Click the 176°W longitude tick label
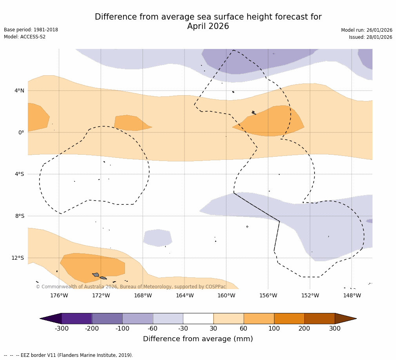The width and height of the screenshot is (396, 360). (x=59, y=295)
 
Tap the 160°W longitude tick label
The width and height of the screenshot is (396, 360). (x=226, y=295)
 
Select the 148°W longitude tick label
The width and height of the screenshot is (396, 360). (x=352, y=295)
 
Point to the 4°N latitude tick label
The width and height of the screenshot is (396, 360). (x=19, y=90)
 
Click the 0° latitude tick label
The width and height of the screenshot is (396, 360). (x=22, y=132)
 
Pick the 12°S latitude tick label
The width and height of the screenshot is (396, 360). (x=18, y=258)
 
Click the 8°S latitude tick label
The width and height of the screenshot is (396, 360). (x=20, y=216)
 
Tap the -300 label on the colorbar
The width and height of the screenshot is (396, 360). (x=61, y=328)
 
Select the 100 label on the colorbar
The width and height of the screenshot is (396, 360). (x=274, y=328)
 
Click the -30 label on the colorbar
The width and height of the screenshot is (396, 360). (x=183, y=328)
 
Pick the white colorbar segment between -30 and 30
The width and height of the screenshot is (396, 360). (x=198, y=318)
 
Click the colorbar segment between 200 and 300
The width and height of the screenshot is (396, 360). (x=320, y=318)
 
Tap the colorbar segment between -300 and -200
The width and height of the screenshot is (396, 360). (x=77, y=318)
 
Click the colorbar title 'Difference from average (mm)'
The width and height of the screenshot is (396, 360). (x=198, y=339)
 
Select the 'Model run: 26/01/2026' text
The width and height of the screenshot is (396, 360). (x=367, y=30)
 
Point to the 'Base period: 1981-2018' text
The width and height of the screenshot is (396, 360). (x=31, y=30)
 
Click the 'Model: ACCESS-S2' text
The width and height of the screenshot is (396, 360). (x=25, y=37)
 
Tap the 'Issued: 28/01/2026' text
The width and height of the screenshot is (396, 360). (x=371, y=37)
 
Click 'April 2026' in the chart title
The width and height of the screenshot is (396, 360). (x=208, y=26)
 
